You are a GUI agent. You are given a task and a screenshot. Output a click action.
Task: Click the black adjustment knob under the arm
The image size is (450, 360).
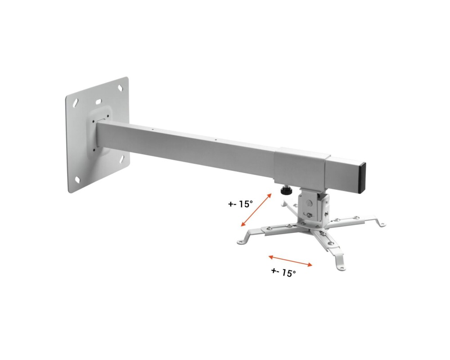[284, 191]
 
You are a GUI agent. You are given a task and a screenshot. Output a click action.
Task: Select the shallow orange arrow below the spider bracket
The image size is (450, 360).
[290, 261]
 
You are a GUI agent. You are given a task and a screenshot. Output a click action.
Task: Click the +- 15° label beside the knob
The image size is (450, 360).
[240, 204]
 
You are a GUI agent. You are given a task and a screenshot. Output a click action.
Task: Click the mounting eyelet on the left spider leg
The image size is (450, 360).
[243, 242]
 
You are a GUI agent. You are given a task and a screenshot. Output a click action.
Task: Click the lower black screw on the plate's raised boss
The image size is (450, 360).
[94, 150]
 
